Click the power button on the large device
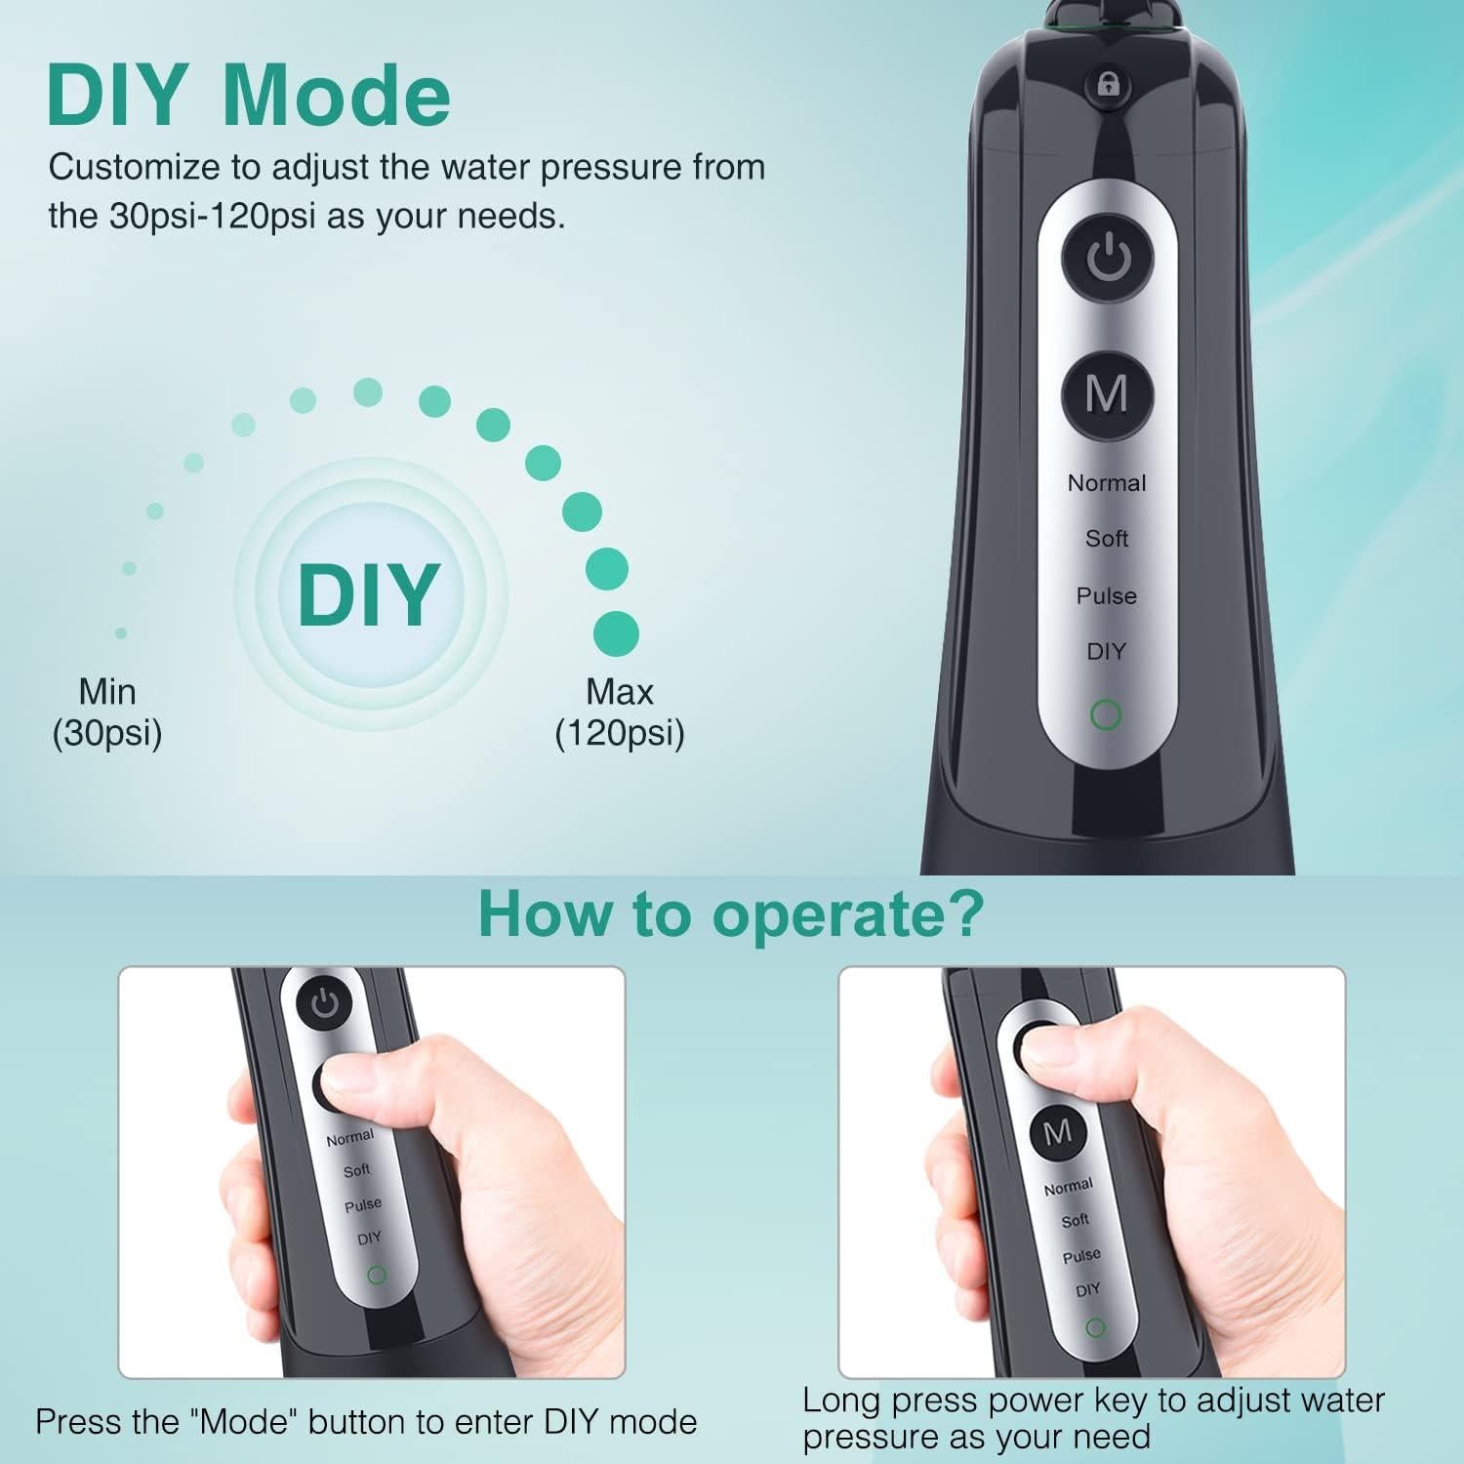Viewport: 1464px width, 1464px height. [1108, 259]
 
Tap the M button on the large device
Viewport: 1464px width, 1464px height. [1107, 395]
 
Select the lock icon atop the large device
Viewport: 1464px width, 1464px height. [1109, 85]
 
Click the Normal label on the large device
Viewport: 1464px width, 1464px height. [1107, 483]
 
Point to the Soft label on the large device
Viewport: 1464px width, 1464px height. [1107, 539]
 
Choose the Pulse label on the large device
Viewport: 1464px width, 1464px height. [1107, 595]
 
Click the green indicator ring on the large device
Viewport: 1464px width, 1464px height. [1106, 715]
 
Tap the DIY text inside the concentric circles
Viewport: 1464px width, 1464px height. [369, 594]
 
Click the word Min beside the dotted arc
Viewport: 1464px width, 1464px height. [107, 692]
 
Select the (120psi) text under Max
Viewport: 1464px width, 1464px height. [620, 733]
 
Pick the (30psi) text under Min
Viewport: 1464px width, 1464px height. [107, 733]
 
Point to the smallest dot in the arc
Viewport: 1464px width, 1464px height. [121, 633]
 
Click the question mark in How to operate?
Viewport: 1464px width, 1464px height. [966, 915]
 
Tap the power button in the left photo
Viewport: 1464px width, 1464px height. [324, 1005]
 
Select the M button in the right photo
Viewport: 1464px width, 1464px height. [1058, 1132]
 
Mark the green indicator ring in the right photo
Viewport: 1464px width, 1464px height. [1095, 1327]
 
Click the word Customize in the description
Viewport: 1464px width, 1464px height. [135, 168]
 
